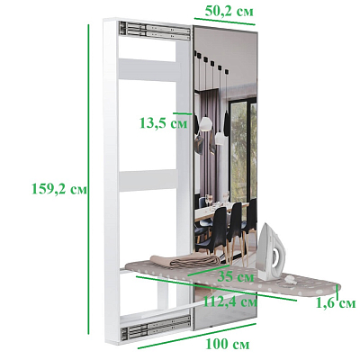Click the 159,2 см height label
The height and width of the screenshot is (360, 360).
pyautogui.click(x=59, y=189)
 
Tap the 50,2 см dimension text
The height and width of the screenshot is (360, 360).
pyautogui.click(x=229, y=12)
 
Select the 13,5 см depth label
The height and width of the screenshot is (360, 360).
pyautogui.click(x=164, y=123)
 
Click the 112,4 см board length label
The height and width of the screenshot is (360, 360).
pyautogui.click(x=230, y=301)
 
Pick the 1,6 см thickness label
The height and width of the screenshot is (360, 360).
pyautogui.click(x=336, y=303)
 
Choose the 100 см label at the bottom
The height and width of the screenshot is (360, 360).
pyautogui.click(x=228, y=344)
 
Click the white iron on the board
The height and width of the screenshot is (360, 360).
pyautogui.click(x=272, y=252)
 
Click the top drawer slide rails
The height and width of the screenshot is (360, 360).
pyautogui.click(x=155, y=31)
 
